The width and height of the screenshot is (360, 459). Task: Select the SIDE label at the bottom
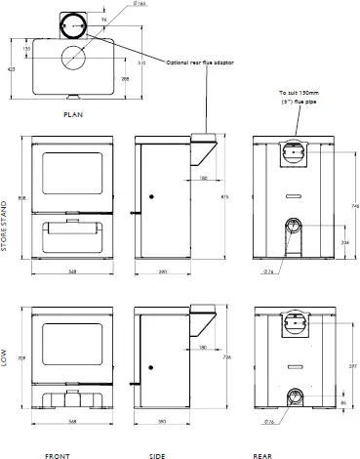tap(156, 453)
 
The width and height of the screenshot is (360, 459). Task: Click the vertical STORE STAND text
tap(6, 226)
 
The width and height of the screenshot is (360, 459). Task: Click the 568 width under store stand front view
tap(73, 271)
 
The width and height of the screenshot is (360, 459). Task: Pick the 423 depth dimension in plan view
tap(11, 69)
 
